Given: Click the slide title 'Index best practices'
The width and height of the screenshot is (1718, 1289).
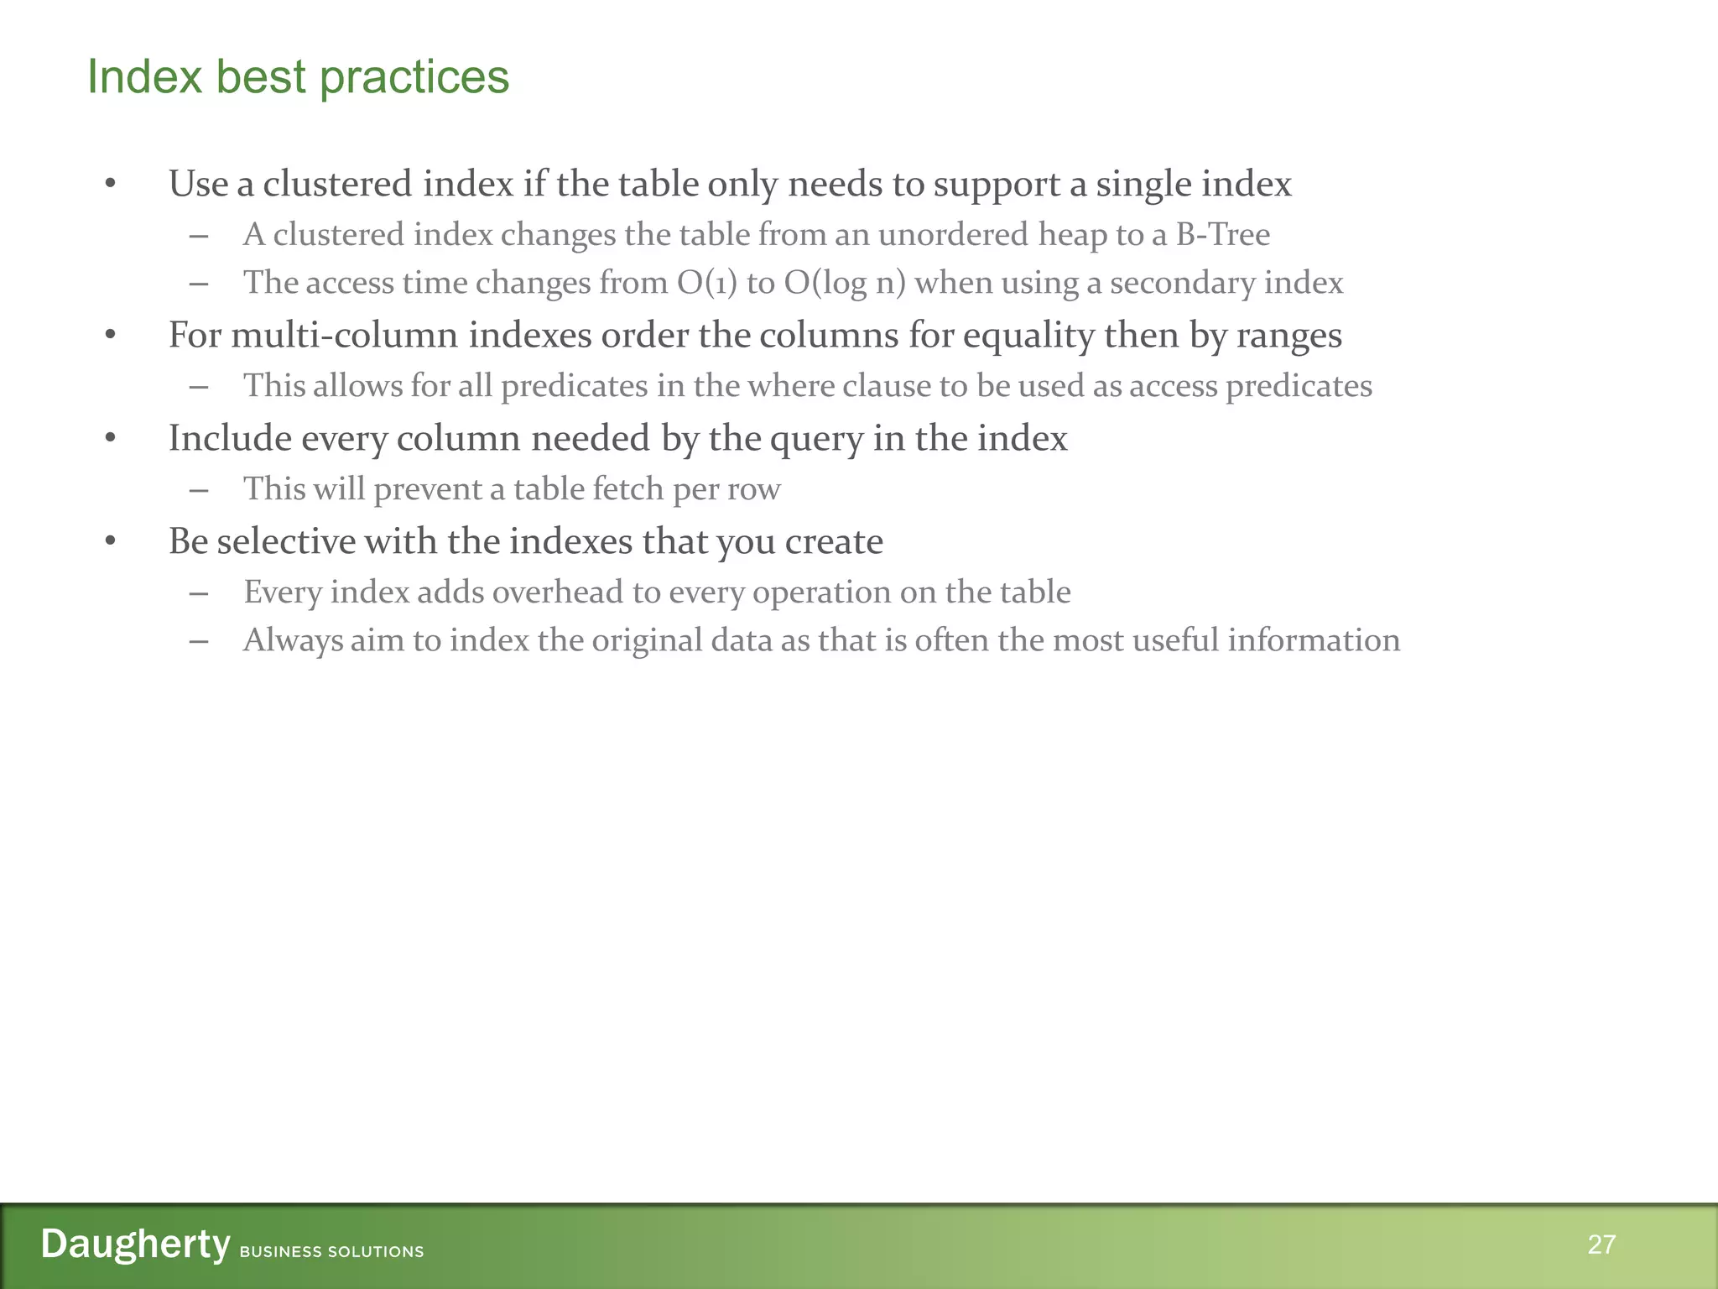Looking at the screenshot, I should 298,77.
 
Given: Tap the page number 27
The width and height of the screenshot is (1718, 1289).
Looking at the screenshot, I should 1601,1244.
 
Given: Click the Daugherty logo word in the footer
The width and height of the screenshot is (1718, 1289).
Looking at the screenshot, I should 135,1244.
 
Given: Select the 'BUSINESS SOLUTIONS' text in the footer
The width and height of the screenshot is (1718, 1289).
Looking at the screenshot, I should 331,1251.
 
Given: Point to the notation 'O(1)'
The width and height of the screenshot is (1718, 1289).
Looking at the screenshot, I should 707,283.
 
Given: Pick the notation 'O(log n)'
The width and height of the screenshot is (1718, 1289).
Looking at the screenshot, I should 845,283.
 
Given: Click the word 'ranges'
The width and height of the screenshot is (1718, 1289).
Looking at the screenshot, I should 1288,335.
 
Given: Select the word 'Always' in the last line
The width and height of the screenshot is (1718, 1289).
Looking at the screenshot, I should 293,640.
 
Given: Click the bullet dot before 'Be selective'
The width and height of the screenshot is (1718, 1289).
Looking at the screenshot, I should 110,541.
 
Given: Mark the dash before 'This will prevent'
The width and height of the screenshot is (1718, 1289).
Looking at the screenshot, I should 199,489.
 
